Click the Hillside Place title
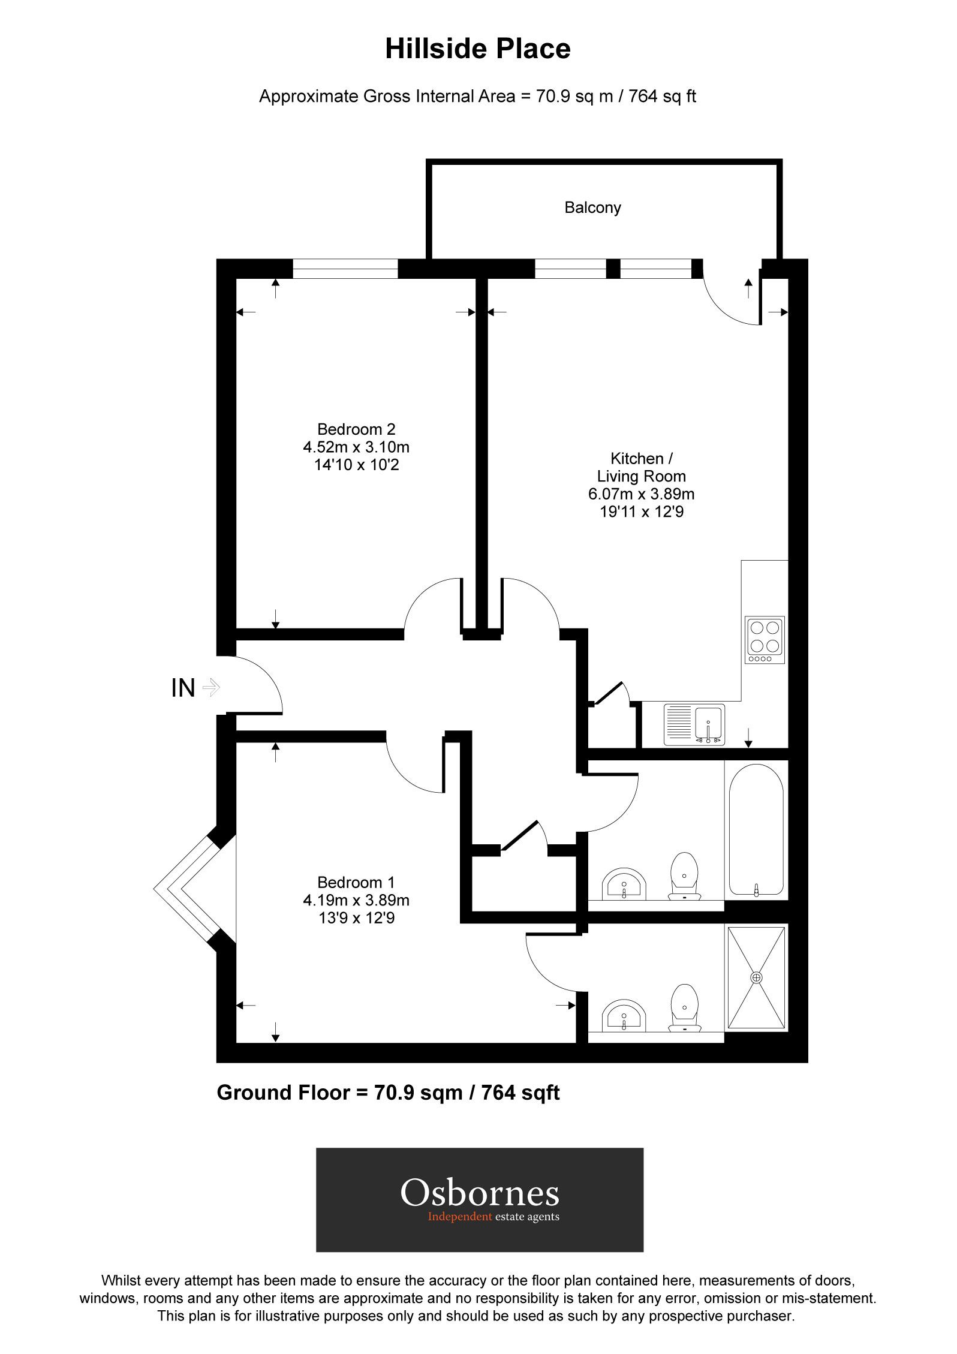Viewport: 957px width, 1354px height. [477, 49]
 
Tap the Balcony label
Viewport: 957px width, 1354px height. [592, 207]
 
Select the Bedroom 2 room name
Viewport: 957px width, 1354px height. [356, 429]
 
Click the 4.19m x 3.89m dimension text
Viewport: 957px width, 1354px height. [356, 900]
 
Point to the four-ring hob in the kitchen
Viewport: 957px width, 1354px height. [765, 640]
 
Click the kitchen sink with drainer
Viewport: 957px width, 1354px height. [694, 724]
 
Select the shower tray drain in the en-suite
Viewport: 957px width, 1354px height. [757, 977]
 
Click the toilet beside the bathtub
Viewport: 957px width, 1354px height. [685, 877]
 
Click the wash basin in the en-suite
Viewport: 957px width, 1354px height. [624, 1015]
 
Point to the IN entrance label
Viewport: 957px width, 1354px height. [183, 688]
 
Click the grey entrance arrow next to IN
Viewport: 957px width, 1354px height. [212, 687]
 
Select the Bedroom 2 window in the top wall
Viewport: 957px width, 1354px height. [345, 269]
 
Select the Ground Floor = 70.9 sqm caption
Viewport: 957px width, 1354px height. [387, 1093]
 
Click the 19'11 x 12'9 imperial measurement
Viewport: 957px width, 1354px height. [641, 512]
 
